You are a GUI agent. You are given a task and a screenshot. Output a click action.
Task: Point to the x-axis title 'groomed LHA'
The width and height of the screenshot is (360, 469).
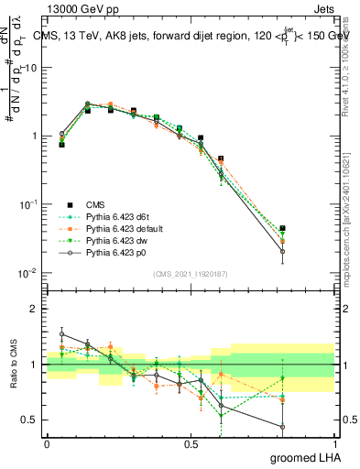pos(306,458)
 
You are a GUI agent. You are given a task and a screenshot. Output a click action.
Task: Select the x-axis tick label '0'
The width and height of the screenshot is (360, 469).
pos(47,444)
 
